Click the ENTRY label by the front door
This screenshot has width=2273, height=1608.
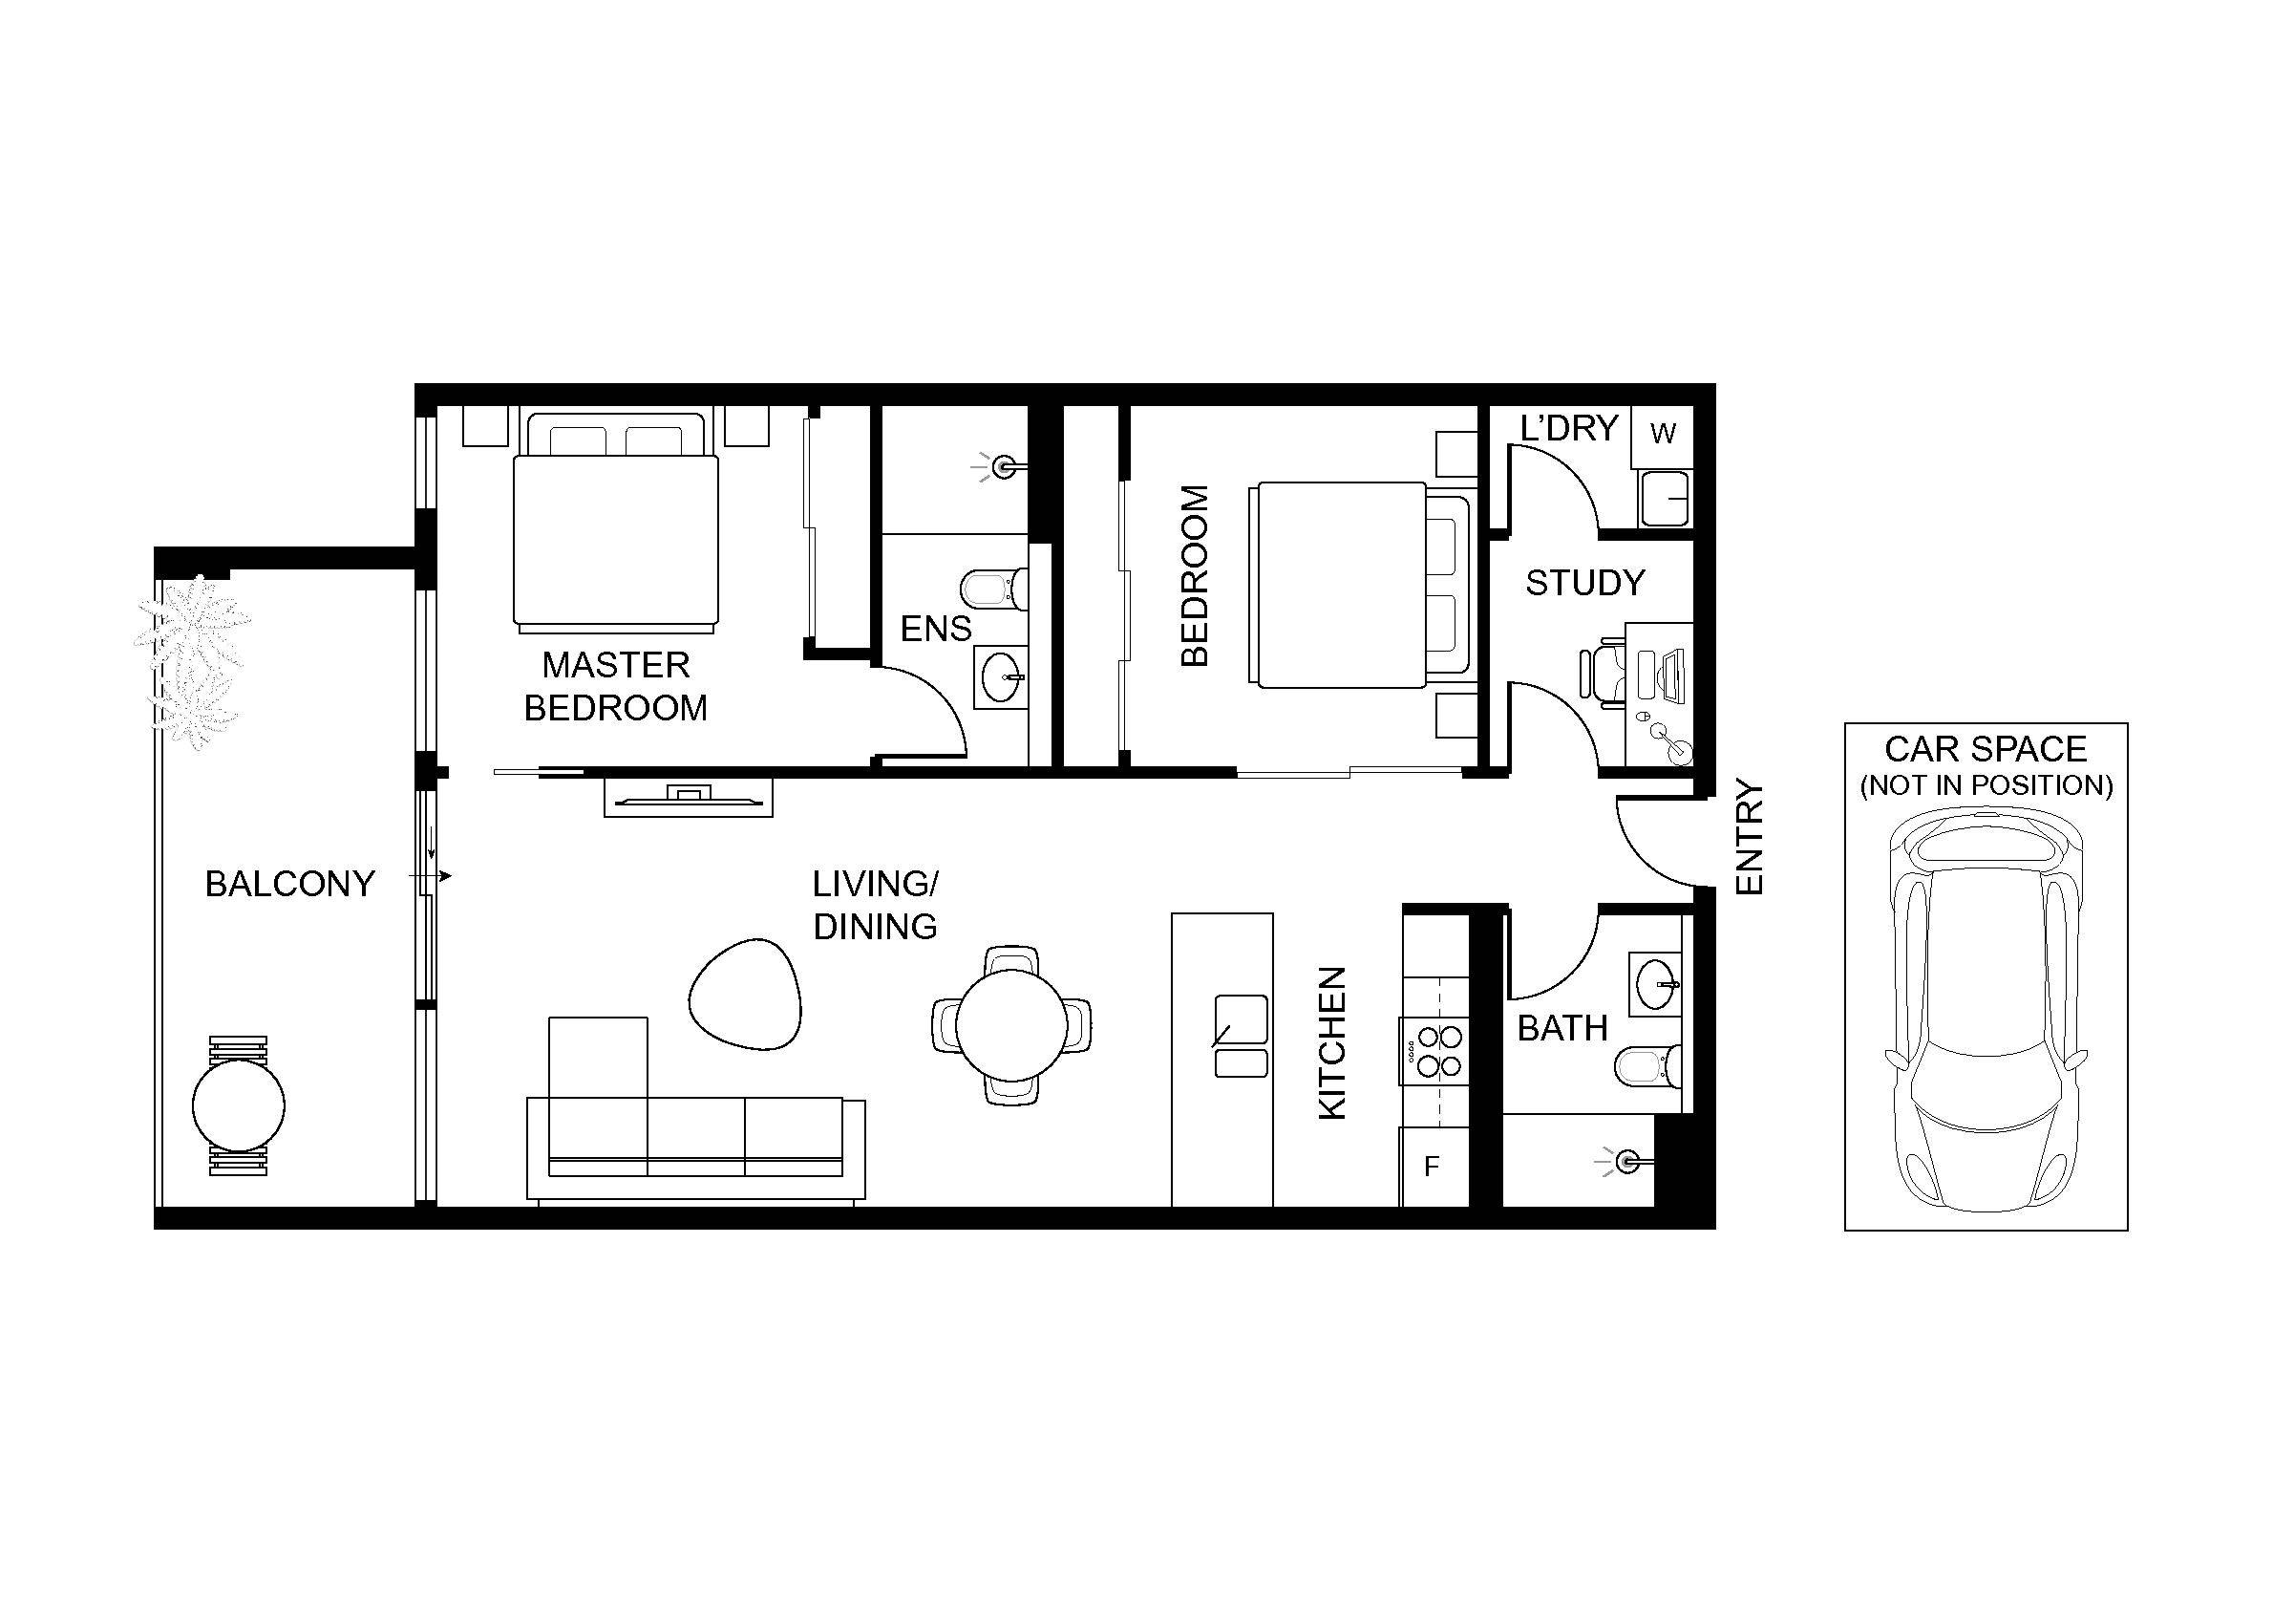(1751, 839)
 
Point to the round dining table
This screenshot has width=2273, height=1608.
(1011, 1026)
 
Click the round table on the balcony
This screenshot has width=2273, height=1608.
(239, 1105)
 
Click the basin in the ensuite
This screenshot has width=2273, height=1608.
(1001, 677)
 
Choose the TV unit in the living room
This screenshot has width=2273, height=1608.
(688, 797)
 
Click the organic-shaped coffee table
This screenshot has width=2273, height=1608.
(745, 993)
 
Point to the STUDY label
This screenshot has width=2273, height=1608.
(1585, 583)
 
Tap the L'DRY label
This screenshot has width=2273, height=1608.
(1569, 428)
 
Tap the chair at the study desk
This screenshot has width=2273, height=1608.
(1601, 675)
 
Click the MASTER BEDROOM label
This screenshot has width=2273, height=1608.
(616, 686)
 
